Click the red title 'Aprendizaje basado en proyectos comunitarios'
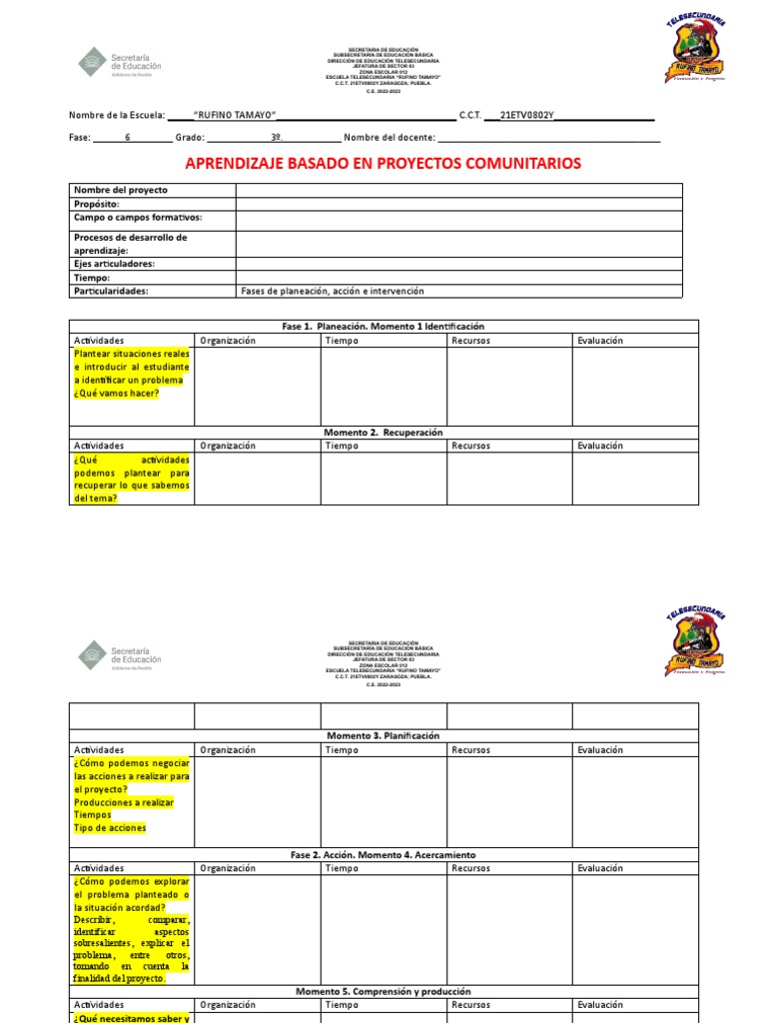383,164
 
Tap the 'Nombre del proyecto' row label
121,190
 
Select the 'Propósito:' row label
97,204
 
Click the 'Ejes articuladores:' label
114,264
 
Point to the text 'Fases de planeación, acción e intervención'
333,291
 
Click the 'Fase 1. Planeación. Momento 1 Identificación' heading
383,327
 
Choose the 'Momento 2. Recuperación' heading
383,433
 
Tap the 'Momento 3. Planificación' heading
383,735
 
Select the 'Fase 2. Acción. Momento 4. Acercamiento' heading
383,855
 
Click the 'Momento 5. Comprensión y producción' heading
383,991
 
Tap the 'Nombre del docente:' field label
389,138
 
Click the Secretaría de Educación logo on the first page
119,61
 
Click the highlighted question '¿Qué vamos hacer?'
116,393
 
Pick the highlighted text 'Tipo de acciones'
110,828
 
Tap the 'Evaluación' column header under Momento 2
599,446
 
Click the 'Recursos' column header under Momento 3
470,749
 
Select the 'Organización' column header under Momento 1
228,341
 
